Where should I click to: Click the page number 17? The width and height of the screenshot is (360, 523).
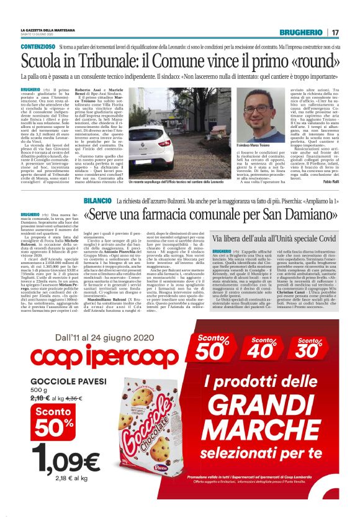335,32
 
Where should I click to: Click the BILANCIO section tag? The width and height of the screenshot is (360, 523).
97,184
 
